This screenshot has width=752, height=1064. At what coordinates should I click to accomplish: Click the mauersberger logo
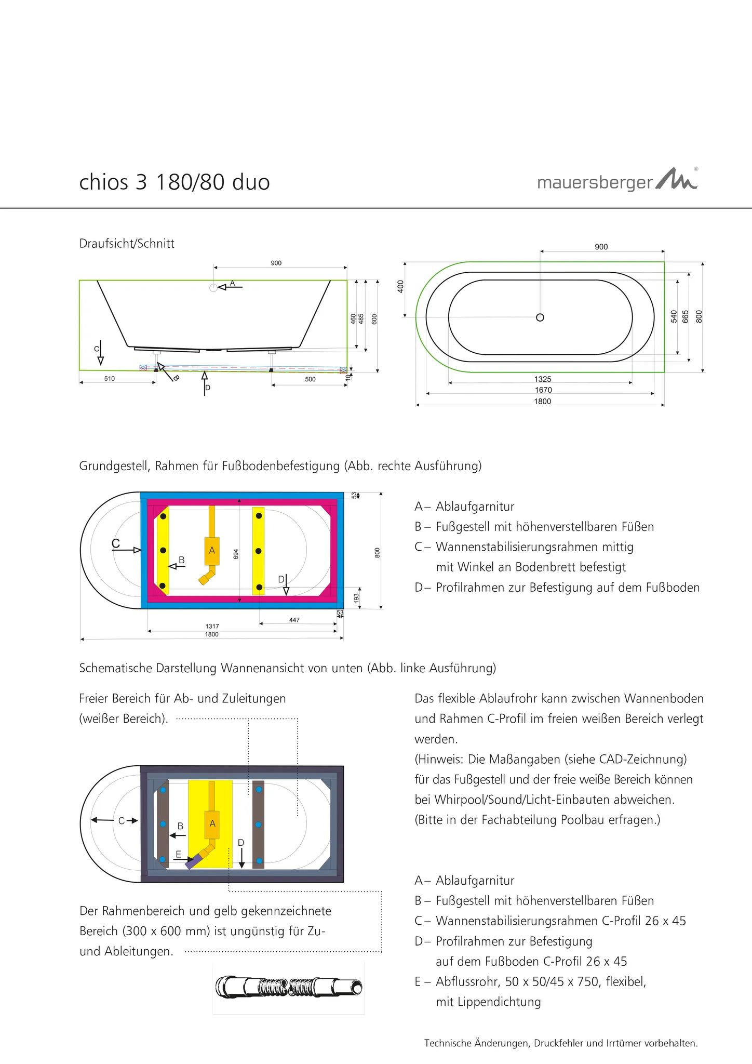pyautogui.click(x=617, y=181)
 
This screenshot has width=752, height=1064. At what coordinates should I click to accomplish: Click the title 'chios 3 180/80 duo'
pyautogui.click(x=174, y=182)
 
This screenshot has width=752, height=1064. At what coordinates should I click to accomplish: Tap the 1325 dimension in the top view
pyautogui.click(x=543, y=379)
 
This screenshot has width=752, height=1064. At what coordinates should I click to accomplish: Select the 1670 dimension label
pyautogui.click(x=543, y=390)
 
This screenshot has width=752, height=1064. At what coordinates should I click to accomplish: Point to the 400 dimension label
pyautogui.click(x=400, y=286)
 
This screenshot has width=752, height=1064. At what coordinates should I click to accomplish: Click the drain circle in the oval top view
pyautogui.click(x=540, y=317)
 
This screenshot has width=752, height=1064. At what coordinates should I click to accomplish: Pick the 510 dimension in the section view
pyautogui.click(x=109, y=379)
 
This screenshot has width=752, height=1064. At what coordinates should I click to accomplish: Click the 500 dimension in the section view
pyautogui.click(x=310, y=379)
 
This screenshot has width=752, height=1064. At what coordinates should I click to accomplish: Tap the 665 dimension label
pyautogui.click(x=686, y=316)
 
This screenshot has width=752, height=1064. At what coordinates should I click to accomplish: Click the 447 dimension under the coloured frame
pyautogui.click(x=294, y=620)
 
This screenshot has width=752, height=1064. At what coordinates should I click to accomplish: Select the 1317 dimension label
pyautogui.click(x=212, y=627)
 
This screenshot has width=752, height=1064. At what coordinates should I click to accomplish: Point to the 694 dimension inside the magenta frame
pyautogui.click(x=236, y=554)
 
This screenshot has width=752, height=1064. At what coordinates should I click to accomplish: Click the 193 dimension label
pyautogui.click(x=356, y=598)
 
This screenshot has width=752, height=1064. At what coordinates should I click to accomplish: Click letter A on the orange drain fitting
pyautogui.click(x=212, y=550)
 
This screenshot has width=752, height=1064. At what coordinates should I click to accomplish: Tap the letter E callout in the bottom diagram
pyautogui.click(x=178, y=854)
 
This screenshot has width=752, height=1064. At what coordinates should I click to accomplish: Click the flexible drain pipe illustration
pyautogui.click(x=289, y=987)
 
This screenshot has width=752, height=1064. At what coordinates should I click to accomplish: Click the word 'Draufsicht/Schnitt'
pyautogui.click(x=127, y=244)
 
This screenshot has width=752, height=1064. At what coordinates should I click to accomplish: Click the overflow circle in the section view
pyautogui.click(x=213, y=288)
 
